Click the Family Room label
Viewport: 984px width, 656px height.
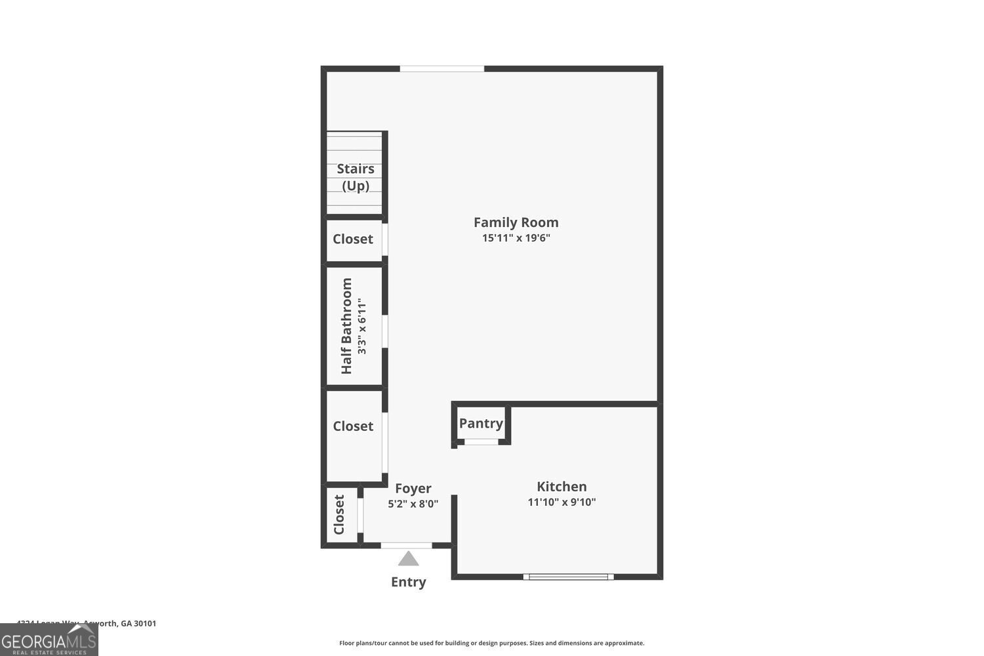point(516,222)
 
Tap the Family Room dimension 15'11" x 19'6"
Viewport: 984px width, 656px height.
point(516,238)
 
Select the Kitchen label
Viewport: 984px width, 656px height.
point(562,487)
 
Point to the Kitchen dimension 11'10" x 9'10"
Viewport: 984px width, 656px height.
point(562,502)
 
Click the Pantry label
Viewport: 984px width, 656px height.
point(481,424)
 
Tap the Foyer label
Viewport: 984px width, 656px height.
point(413,489)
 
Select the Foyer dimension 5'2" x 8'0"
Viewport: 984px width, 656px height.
point(413,504)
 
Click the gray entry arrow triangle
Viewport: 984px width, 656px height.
point(408,559)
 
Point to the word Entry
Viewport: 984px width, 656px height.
point(408,582)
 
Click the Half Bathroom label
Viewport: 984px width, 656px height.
point(346,326)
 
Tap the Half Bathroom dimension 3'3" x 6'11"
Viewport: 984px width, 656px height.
point(362,326)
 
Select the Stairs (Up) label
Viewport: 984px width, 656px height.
point(356,177)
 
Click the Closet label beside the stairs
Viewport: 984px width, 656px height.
point(353,239)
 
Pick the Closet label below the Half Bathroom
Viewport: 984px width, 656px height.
point(353,426)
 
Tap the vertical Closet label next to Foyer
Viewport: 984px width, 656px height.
point(339,515)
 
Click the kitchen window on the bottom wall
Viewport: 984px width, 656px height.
point(568,577)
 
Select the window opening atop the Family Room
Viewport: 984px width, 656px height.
point(442,69)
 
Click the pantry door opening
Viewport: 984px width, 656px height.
point(481,442)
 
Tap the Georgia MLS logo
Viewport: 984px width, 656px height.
point(49,640)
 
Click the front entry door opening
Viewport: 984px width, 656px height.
point(407,545)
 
